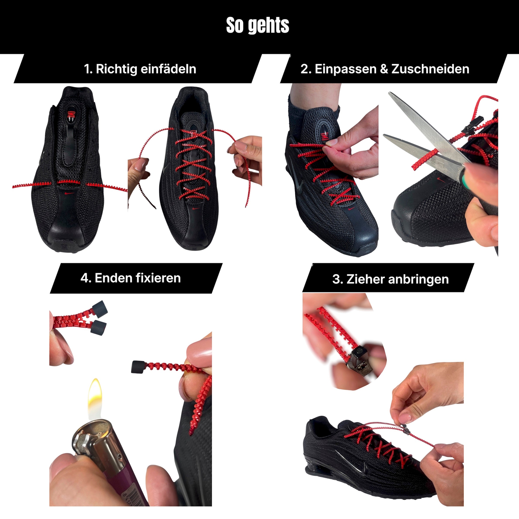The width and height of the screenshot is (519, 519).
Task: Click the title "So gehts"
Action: coord(258,25)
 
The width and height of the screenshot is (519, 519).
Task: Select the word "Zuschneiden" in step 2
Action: coord(430,69)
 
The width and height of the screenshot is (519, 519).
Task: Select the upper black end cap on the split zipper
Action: coord(100,308)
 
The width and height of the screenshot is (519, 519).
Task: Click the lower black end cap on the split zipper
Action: coord(98,327)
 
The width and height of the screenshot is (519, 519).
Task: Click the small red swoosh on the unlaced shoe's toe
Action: coord(70,193)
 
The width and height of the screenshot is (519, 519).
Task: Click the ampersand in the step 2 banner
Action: coord(384,69)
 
